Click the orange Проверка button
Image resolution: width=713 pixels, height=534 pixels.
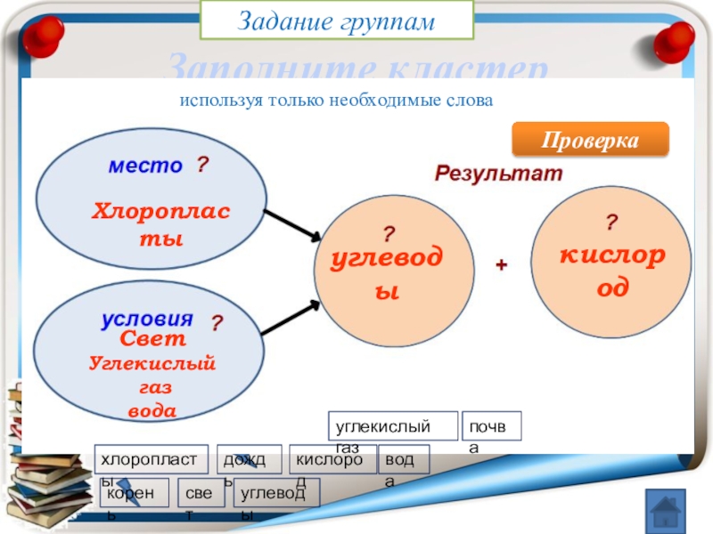590,141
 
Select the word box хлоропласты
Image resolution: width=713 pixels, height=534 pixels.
152,459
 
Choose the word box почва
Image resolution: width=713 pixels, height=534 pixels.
492,426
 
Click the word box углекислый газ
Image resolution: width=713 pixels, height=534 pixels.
393,426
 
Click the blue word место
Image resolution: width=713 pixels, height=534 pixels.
145,166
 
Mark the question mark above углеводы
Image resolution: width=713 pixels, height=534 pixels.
389,234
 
